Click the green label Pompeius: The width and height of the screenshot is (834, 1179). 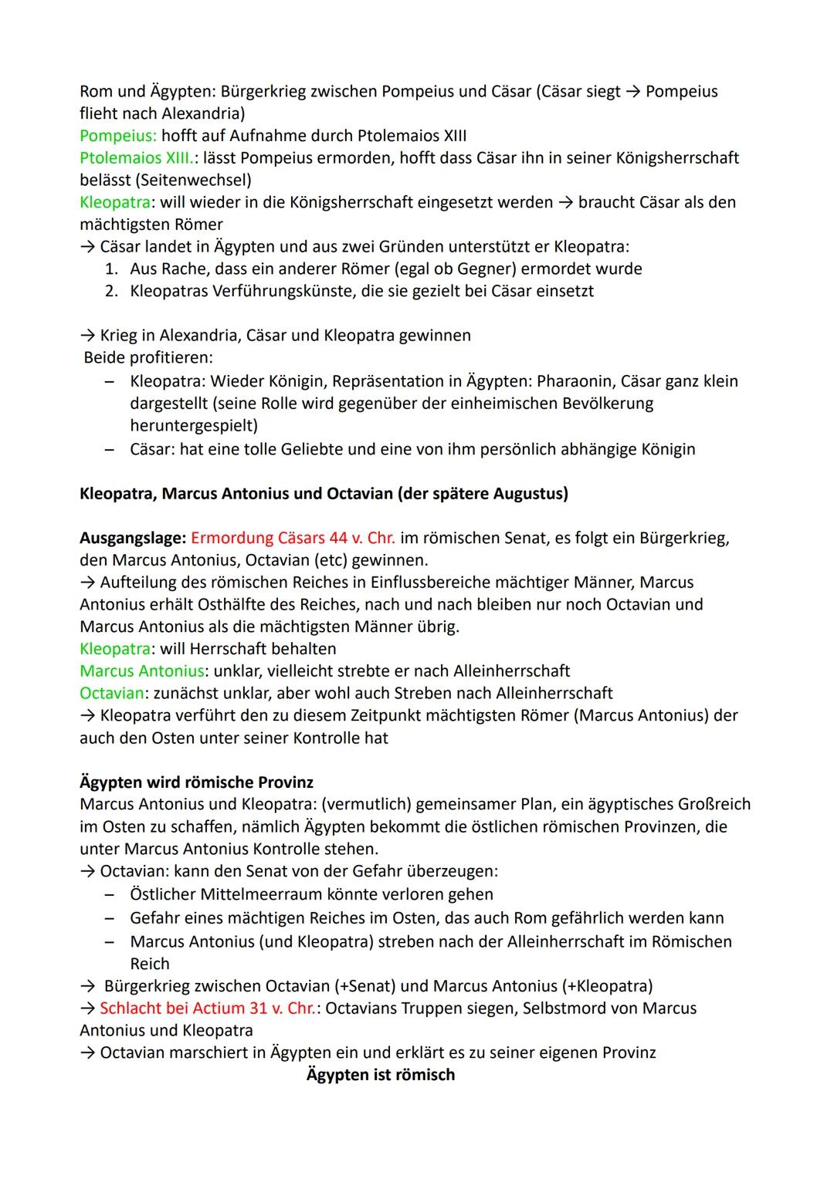(118, 136)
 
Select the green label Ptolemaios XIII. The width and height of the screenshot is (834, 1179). (138, 158)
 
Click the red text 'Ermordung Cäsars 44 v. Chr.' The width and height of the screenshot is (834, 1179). (293, 538)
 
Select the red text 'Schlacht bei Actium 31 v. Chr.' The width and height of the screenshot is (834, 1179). (208, 1008)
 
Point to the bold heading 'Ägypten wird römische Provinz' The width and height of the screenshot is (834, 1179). (196, 782)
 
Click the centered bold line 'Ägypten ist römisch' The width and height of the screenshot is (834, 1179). (381, 1075)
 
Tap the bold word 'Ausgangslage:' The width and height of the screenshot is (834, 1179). (133, 538)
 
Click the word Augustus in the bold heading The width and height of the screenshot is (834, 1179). (527, 494)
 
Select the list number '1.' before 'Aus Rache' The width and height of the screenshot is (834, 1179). (112, 269)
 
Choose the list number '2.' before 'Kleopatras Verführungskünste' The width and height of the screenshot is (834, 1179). (112, 292)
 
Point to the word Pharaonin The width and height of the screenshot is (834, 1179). (575, 381)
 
